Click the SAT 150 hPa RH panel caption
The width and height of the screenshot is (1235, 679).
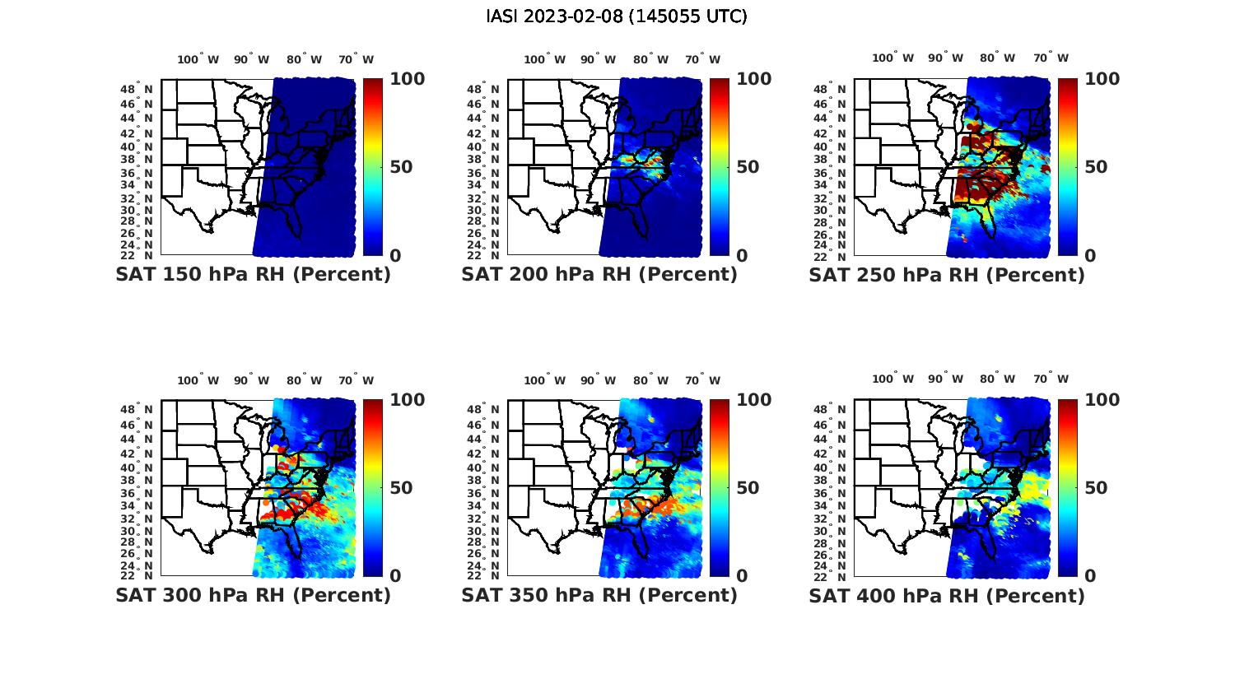[x=253, y=275]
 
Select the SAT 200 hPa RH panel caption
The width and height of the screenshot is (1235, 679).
[x=599, y=275]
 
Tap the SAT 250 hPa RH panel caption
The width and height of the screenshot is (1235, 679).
[x=947, y=275]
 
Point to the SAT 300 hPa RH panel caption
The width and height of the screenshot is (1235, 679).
[x=253, y=595]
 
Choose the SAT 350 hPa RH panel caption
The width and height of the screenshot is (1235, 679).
[x=599, y=595]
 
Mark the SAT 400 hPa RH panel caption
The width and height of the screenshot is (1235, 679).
[x=947, y=595]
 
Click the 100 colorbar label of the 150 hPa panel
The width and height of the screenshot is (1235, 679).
[x=407, y=79]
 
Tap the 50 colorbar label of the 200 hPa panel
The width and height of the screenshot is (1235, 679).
[x=747, y=167]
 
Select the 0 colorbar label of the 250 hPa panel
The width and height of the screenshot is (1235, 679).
[x=1090, y=255]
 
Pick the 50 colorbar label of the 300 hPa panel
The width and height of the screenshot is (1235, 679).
[x=400, y=488]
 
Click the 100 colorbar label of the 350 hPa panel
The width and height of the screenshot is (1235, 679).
[x=753, y=400]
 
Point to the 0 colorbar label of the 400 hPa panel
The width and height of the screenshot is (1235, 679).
[x=1090, y=575]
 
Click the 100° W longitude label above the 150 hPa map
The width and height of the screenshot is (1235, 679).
[x=198, y=59]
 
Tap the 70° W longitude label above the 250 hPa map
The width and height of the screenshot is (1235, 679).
[x=1051, y=58]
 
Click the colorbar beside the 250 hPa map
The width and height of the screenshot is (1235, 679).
[x=1067, y=167]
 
